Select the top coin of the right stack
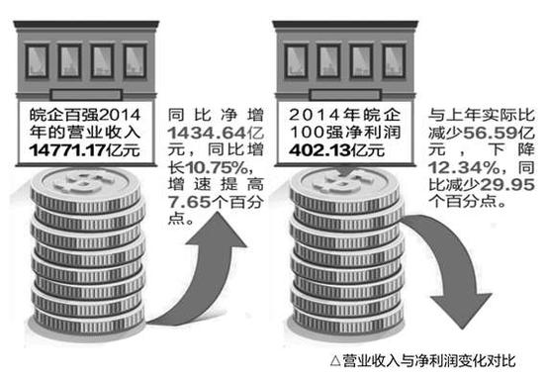341,180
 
